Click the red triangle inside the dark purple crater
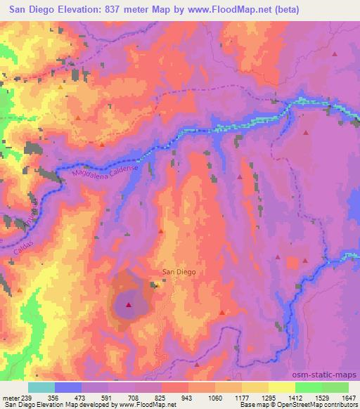pyautogui.click(x=129, y=304)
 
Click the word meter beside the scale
pyautogui.click(x=10, y=397)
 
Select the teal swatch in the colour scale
pyautogui.click(x=41, y=387)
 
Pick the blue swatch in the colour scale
pyautogui.click(x=68, y=387)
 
